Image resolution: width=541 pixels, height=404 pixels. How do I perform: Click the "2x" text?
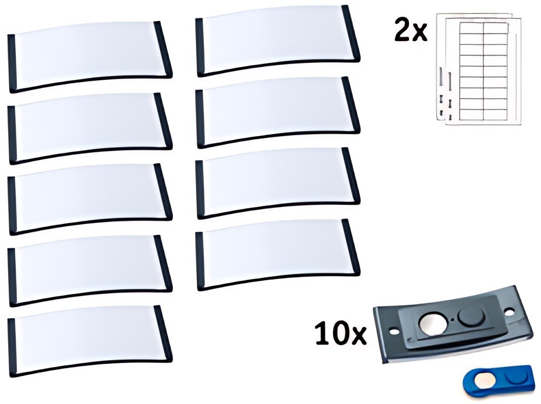click(411, 32)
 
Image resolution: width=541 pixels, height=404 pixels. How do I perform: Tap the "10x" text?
click(340, 334)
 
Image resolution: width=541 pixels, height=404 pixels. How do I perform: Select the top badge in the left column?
click(90, 57)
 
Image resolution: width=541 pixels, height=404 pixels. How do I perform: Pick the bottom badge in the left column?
click(90, 341)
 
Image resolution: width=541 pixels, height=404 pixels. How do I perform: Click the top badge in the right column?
click(278, 41)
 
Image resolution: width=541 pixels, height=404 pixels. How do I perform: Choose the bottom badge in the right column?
click(278, 254)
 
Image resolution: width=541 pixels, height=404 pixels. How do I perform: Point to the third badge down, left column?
click(90, 199)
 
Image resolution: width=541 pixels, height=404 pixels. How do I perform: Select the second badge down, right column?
click(278, 112)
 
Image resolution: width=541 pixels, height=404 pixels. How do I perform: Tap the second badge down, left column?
click(90, 129)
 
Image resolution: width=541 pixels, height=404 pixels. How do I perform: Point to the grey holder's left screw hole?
click(392, 332)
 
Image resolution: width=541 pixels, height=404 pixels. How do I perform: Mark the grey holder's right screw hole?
click(509, 312)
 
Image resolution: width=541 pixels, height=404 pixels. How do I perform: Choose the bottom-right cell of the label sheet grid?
click(495, 113)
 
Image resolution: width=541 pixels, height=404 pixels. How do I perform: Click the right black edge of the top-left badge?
click(163, 49)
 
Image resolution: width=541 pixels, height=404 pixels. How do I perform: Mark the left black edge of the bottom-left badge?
click(12, 347)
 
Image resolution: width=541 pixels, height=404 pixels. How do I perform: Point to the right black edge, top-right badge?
click(351, 33)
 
